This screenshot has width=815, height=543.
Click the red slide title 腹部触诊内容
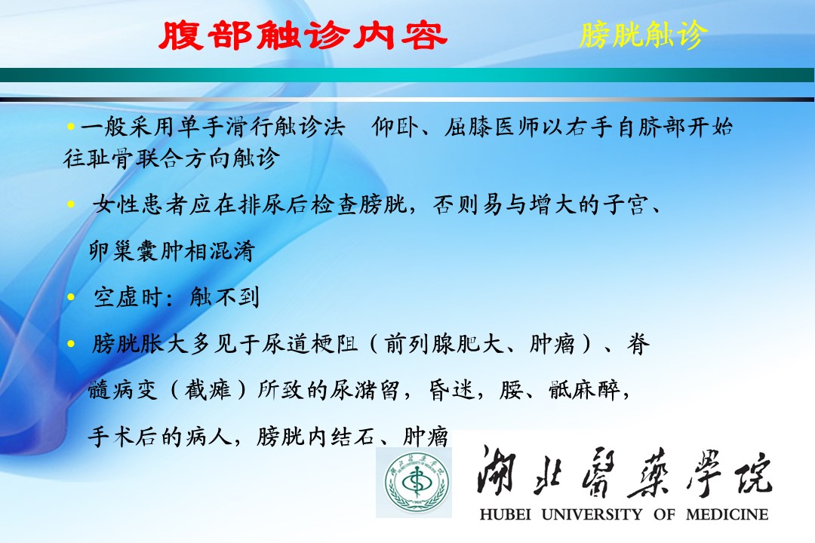303,35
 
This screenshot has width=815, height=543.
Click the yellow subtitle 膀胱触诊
644,35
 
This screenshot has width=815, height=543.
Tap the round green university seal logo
416,483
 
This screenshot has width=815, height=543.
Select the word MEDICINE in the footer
727,514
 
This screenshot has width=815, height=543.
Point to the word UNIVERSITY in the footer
592,514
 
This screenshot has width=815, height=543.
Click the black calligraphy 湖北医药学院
625,471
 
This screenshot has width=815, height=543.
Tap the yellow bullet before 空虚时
71,297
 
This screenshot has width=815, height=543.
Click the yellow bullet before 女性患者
71,204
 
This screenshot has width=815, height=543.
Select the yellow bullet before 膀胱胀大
71,343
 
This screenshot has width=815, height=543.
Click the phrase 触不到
225,297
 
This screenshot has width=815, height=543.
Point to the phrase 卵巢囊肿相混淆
171,251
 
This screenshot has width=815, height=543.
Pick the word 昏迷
452,390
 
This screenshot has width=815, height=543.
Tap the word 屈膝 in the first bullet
467,127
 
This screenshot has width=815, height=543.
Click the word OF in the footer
664,514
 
